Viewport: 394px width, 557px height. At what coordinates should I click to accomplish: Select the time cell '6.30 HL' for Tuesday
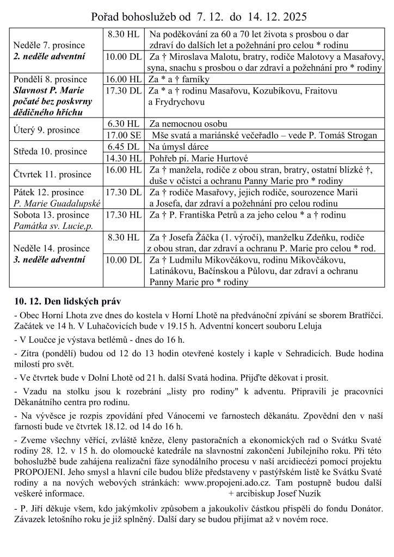coord(124,123)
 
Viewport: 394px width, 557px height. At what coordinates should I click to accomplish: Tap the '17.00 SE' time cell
coord(124,135)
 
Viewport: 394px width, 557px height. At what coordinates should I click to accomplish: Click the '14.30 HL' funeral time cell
coord(124,158)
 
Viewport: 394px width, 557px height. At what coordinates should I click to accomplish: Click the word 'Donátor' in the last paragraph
coord(361,509)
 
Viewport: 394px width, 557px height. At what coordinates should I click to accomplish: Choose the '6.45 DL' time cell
coord(124,146)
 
